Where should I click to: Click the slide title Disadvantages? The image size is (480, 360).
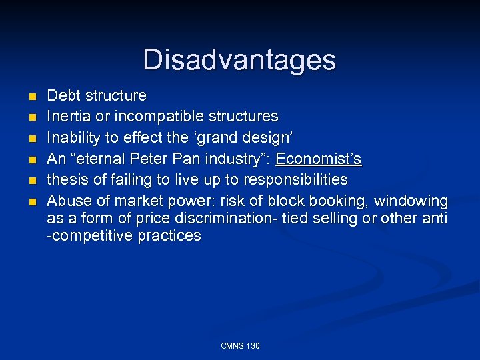tap(239, 60)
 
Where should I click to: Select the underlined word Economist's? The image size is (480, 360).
tap(319, 159)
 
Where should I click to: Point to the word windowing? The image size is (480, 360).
tap(411, 201)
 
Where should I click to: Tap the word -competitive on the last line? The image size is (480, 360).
tap(89, 236)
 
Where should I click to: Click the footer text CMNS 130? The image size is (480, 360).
tap(240, 345)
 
